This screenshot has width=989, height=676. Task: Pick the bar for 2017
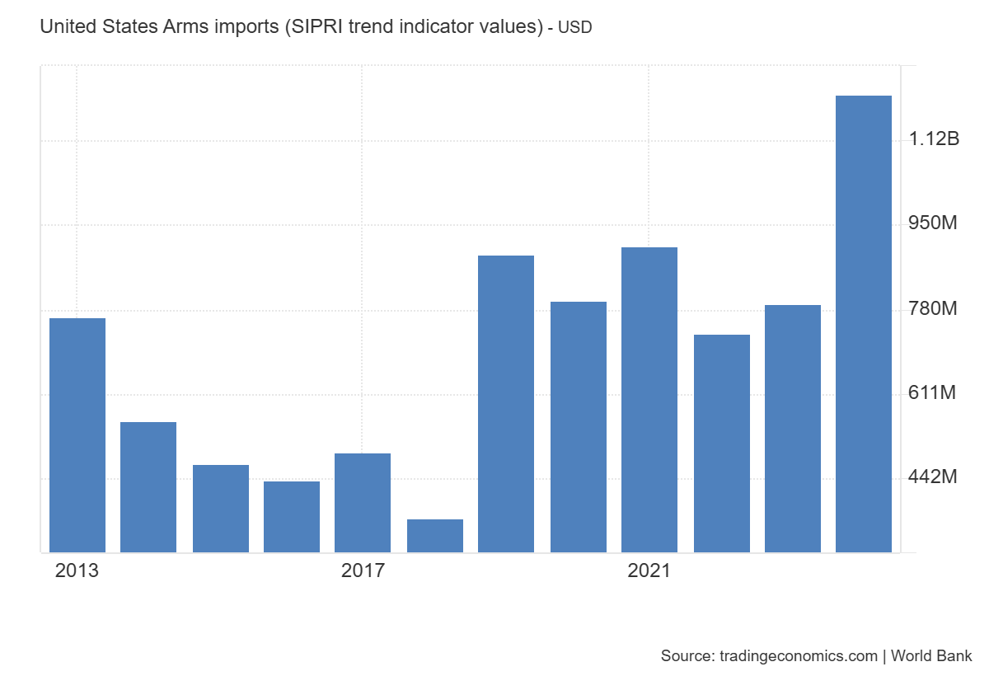click(x=363, y=502)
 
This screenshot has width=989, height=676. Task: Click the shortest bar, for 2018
click(x=435, y=535)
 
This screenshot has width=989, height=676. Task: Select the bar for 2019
click(x=506, y=403)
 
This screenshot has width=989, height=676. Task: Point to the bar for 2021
click(x=649, y=399)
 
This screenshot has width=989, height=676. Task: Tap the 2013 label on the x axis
click(x=77, y=570)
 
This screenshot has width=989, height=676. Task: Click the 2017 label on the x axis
click(x=363, y=570)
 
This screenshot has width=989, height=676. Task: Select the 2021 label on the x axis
click(x=649, y=570)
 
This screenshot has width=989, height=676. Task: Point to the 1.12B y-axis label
click(x=935, y=138)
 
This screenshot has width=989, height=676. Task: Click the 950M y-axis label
click(x=933, y=223)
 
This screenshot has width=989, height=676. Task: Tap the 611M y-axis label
click(x=933, y=392)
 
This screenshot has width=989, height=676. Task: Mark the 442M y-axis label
click(x=933, y=477)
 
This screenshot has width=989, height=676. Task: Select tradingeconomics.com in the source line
click(x=798, y=656)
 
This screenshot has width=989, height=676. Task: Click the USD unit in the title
click(x=575, y=28)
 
